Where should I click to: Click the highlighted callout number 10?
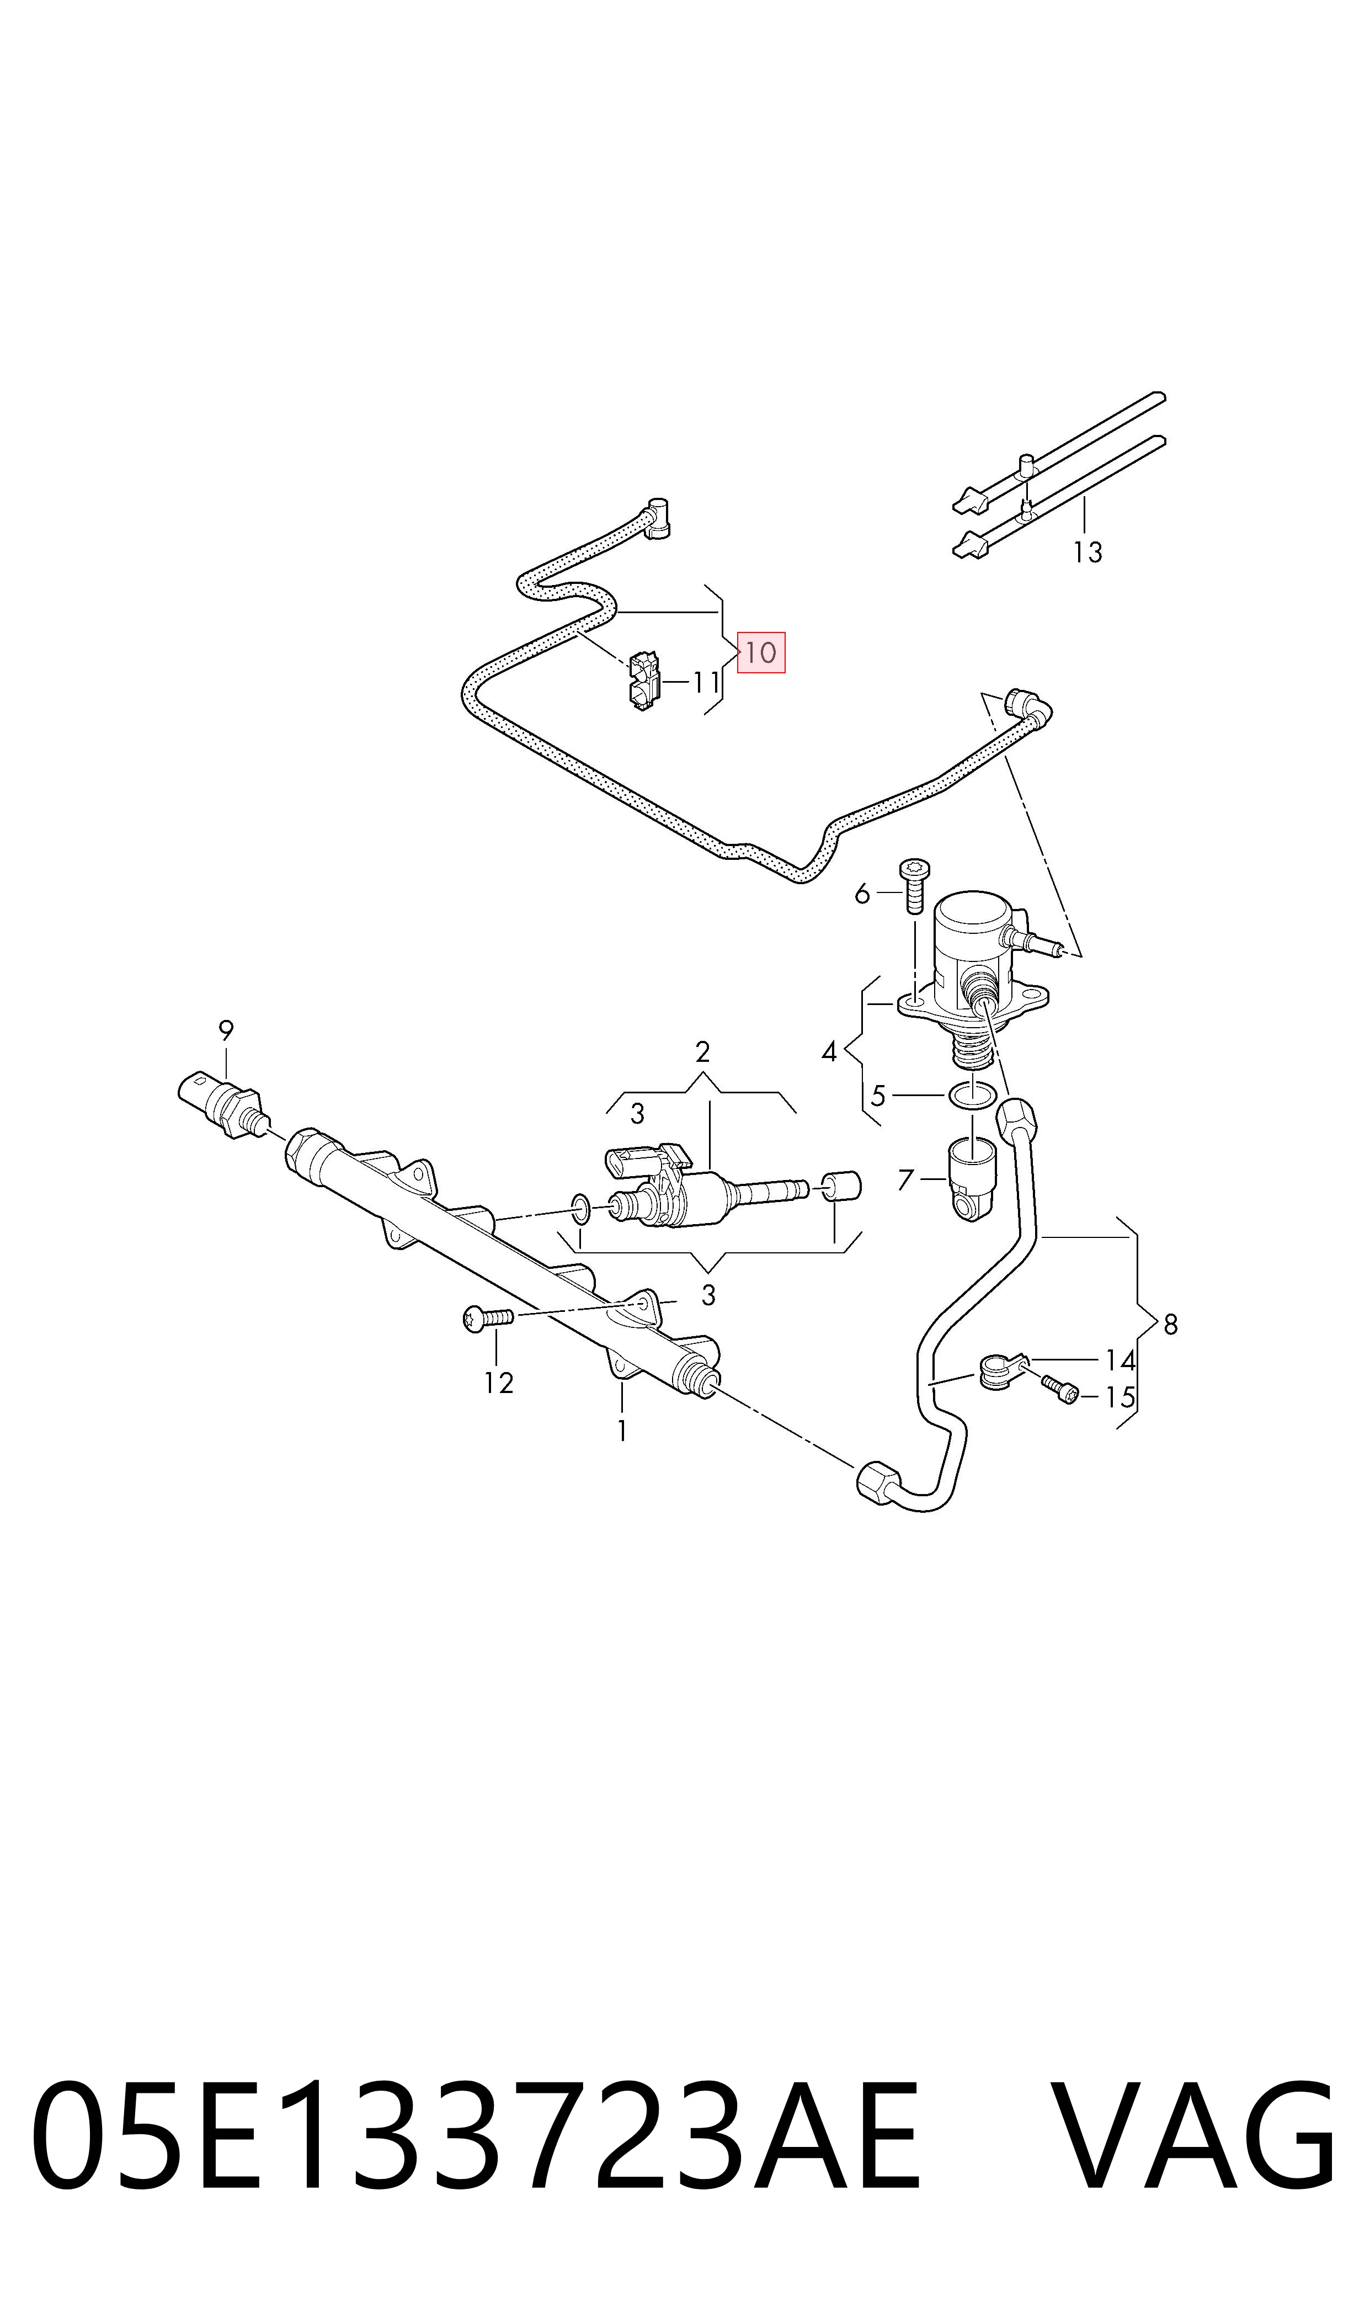tap(761, 653)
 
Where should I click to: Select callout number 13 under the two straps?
tap(1088, 552)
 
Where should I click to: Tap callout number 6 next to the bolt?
tap(862, 894)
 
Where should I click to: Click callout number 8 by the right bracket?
tap(1171, 1325)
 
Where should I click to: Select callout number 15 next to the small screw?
tap(1120, 1397)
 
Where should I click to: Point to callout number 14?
tap(1120, 1360)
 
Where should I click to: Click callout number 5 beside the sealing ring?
tap(878, 1096)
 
